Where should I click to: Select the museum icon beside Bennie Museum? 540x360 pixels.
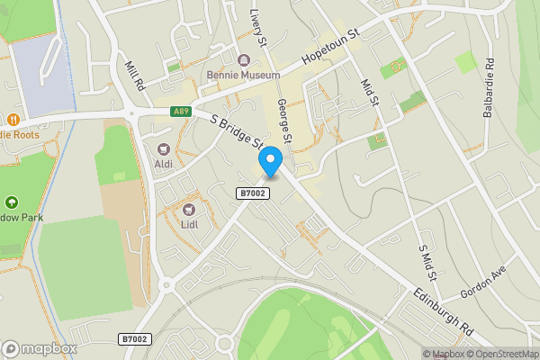(x=242, y=60)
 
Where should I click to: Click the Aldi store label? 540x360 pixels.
(x=164, y=164)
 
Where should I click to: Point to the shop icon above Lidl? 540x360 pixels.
(x=190, y=209)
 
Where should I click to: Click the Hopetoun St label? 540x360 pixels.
(x=330, y=45)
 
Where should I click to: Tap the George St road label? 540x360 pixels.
(x=284, y=122)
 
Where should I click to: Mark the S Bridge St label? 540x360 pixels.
(x=236, y=132)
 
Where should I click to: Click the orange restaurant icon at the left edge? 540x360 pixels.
(x=13, y=120)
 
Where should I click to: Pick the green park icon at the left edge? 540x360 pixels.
(x=11, y=203)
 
